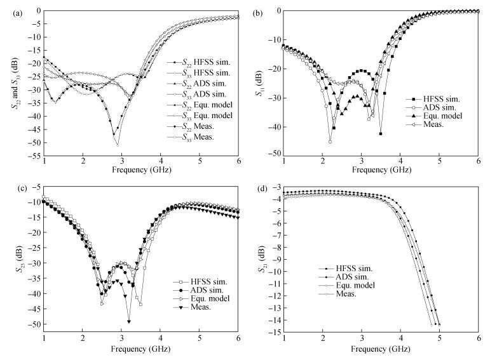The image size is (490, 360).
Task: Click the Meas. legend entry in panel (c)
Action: pos(199,308)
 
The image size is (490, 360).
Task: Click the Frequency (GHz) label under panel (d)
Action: pos(380,350)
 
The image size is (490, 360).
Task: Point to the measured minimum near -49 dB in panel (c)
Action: pos(129,321)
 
